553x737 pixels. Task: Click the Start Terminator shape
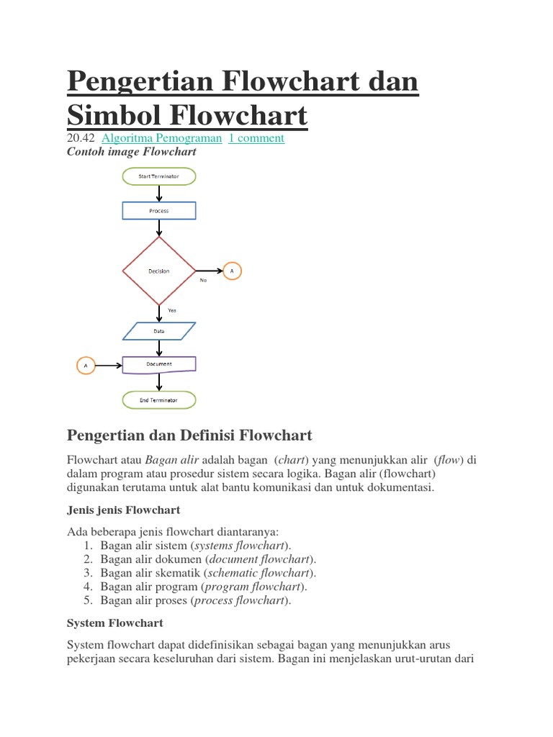coord(158,176)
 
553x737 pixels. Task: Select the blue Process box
coord(158,211)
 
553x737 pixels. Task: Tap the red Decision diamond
coord(158,271)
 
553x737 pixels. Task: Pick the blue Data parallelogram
coord(158,331)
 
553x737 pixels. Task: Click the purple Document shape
coord(158,365)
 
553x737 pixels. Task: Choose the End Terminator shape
coord(158,399)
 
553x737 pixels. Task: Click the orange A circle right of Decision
coord(232,271)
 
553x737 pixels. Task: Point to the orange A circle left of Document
coord(86,366)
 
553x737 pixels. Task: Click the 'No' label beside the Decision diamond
coord(204,281)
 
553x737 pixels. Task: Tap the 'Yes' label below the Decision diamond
coord(172,310)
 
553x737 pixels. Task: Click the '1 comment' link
coord(256,138)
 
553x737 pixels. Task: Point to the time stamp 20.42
coord(81,138)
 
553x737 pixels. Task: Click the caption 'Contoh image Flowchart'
coord(131,152)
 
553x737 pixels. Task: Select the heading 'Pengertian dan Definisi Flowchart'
coord(189,435)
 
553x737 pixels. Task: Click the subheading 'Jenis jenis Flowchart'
coord(123,510)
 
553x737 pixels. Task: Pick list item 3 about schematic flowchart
coord(208,573)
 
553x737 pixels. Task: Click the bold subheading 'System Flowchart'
coord(114,623)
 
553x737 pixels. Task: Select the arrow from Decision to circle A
coord(208,271)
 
